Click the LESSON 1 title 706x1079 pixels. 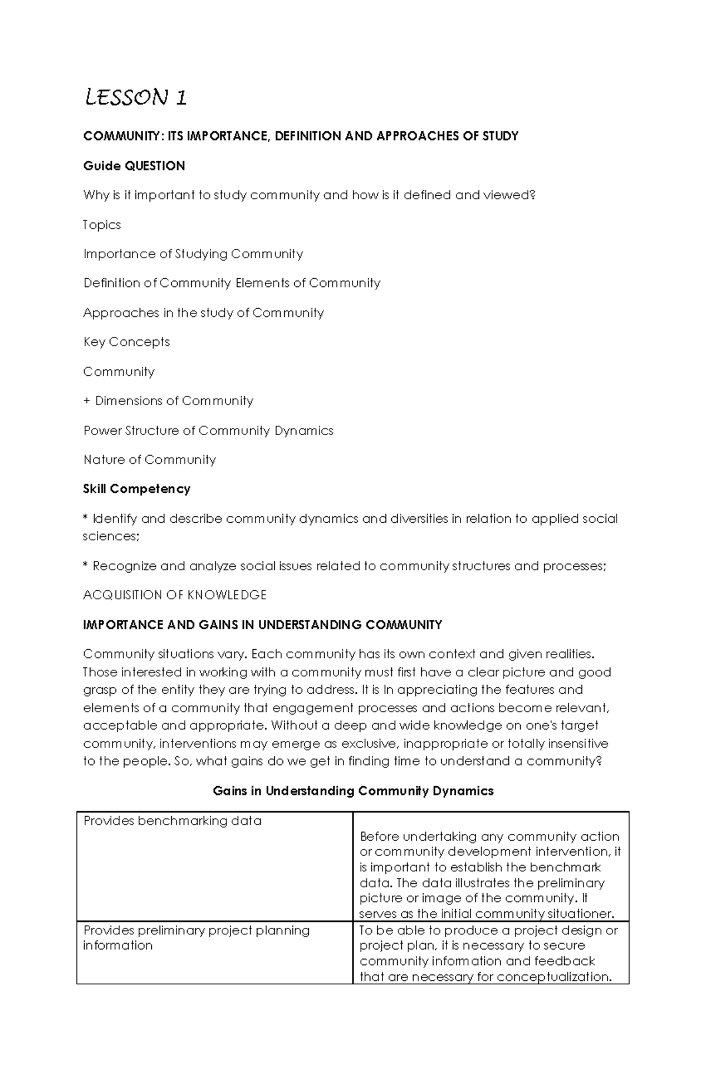click(136, 97)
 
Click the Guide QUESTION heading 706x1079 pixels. click(134, 166)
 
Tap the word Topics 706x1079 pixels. click(102, 225)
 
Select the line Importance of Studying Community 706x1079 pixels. click(193, 254)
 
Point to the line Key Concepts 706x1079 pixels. click(126, 342)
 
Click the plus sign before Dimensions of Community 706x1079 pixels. click(87, 401)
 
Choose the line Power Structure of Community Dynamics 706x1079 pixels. click(208, 430)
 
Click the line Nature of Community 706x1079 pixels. click(149, 460)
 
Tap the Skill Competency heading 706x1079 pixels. click(136, 489)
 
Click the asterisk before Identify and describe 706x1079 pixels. click(86, 517)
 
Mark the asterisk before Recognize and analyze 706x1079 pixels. click(86, 564)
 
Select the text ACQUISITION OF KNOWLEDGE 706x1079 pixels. click(175, 595)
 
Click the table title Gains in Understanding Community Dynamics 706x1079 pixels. click(353, 791)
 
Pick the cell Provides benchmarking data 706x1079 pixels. click(172, 821)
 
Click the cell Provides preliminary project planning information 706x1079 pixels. click(196, 938)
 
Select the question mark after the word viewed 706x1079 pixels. click(533, 195)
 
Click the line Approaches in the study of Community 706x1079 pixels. click(204, 313)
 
